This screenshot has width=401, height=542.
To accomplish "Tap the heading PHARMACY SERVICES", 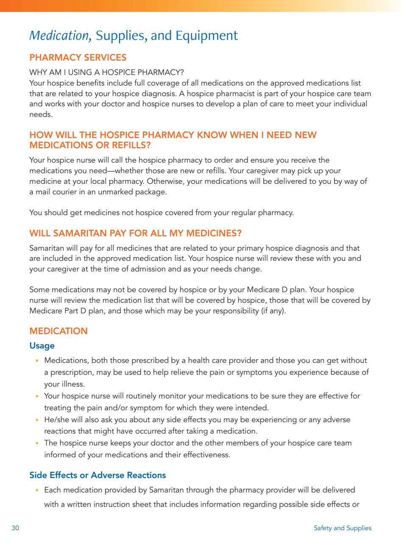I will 78,58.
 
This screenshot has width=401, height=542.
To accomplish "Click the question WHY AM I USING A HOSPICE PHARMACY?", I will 106,72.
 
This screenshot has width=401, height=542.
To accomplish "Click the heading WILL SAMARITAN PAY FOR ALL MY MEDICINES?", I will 135,233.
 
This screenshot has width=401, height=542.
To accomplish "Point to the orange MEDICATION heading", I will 58,331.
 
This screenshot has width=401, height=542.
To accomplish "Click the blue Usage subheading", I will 42,346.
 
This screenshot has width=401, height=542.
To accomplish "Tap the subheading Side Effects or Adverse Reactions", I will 97,475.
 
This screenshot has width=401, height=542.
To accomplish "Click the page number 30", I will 15,528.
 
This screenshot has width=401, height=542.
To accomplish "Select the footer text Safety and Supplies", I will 343,528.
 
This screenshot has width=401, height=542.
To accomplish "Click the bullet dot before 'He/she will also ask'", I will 37,420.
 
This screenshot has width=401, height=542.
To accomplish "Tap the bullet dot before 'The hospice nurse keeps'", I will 37,443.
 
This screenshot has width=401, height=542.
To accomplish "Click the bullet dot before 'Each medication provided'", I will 37,490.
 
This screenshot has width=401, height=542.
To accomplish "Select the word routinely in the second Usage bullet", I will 139,396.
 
